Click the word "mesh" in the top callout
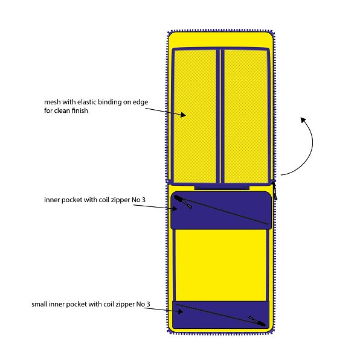pos(53,102)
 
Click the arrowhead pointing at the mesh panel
pos(183,115)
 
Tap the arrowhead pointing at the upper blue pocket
pos(175,209)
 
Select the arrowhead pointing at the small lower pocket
pos(180,312)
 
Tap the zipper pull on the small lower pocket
pos(257,321)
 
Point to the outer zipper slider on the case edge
pos(274,191)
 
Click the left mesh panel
pos(194,116)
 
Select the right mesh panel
pos(246,116)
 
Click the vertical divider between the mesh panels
pos(220,116)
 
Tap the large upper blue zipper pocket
pos(221,211)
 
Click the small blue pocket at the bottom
pos(221,315)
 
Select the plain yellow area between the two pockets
pos(221,265)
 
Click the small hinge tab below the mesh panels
pos(222,187)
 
